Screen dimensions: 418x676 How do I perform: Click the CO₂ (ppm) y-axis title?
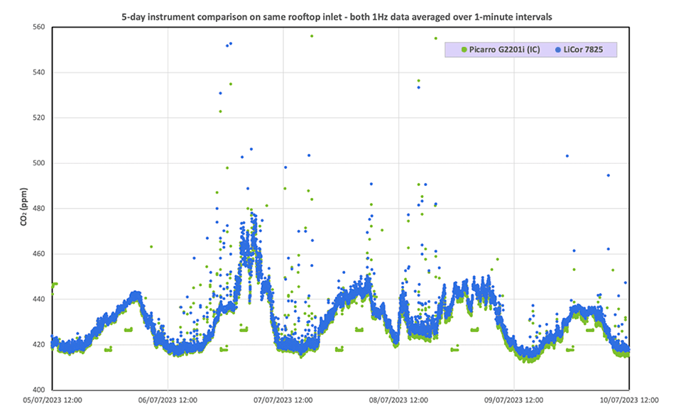coord(24,208)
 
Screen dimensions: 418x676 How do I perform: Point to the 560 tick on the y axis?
coord(38,27)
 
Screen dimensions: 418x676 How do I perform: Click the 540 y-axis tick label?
coord(38,72)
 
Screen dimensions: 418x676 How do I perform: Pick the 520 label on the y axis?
coord(38,118)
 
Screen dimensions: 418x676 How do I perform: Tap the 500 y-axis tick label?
coord(38,163)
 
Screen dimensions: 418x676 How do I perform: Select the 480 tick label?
coord(38,209)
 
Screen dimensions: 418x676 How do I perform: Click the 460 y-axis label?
coord(38,254)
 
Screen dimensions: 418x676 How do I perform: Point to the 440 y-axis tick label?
coord(38,299)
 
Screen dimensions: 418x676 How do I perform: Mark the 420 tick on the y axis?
coord(38,345)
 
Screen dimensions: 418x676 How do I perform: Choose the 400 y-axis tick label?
coord(38,390)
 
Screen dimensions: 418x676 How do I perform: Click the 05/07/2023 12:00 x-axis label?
coord(52,400)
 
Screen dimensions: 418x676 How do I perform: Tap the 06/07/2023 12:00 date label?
coord(168,400)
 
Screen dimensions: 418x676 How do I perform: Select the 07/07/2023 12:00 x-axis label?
coord(283,400)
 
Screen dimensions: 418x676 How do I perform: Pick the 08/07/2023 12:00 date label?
coord(399,400)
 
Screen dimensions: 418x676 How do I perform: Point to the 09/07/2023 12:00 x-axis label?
coord(514,400)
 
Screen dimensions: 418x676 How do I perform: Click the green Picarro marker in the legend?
coord(464,50)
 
